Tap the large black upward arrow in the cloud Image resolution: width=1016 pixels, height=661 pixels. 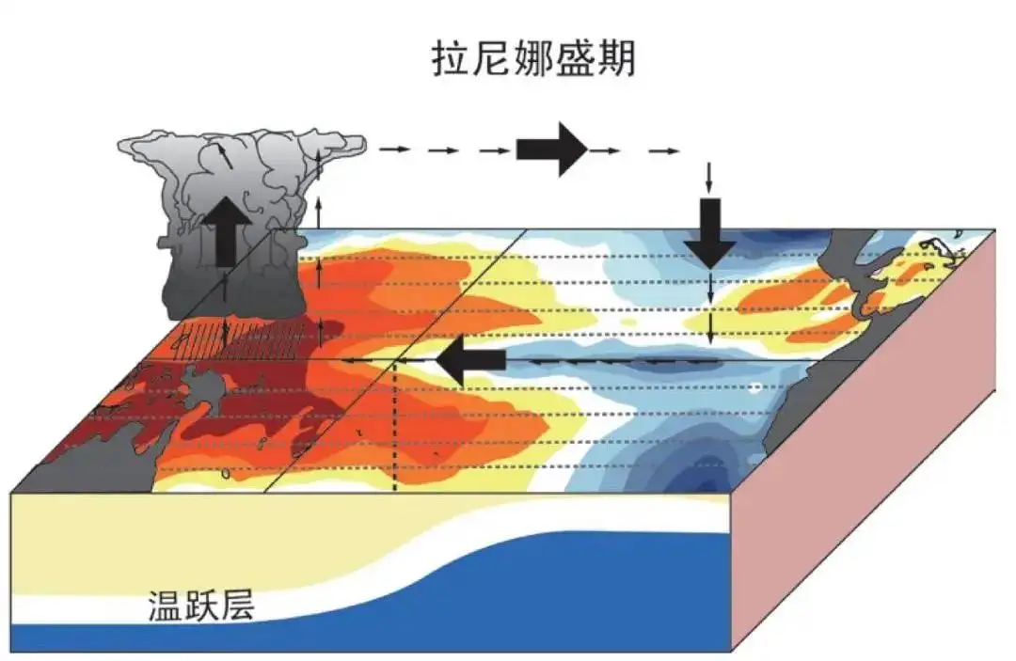[226, 230]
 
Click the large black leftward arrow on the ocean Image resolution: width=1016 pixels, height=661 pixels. [471, 361]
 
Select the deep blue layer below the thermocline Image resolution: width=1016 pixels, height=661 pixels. [564, 602]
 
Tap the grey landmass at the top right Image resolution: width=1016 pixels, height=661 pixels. [847, 273]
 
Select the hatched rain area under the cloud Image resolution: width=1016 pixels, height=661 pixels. [245, 335]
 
